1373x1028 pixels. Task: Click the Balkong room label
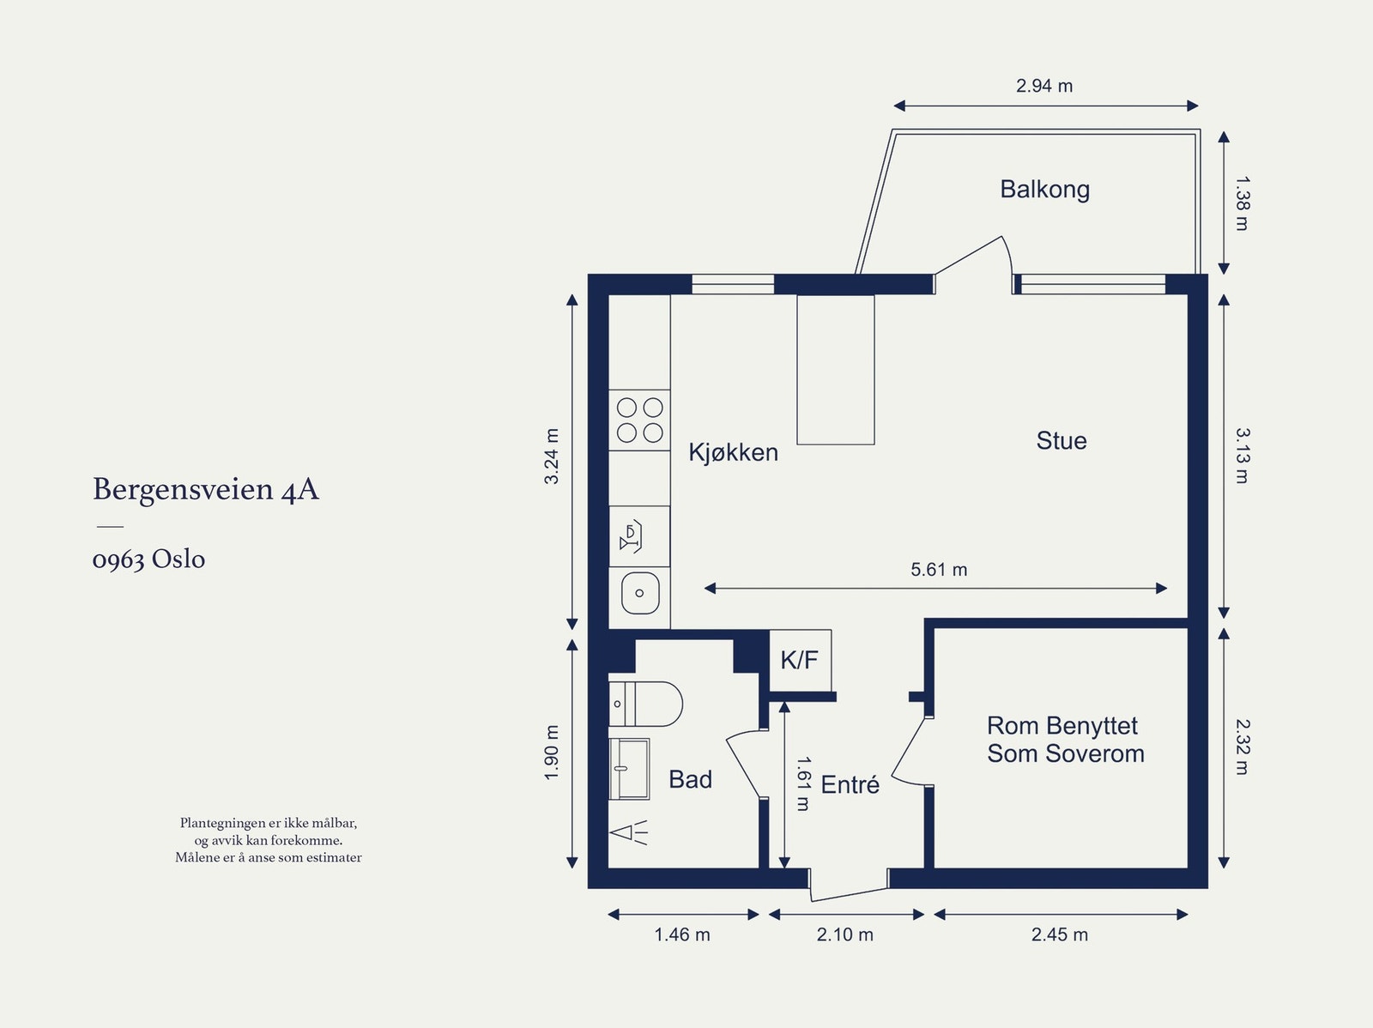click(1044, 190)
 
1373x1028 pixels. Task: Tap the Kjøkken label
click(733, 452)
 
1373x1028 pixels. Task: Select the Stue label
click(1062, 441)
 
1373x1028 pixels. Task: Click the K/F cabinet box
click(800, 661)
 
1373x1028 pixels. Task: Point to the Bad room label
click(690, 779)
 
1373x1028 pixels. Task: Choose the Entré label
click(850, 784)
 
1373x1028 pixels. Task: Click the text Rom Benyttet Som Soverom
click(1065, 740)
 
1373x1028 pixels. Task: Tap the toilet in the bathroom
click(645, 704)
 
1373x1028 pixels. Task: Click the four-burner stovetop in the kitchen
click(639, 420)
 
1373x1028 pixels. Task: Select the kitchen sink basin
click(640, 593)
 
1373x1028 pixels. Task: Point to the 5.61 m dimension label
click(938, 570)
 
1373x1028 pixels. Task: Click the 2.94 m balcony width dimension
click(1044, 86)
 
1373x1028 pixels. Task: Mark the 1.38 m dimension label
click(1243, 204)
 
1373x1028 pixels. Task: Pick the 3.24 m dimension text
click(551, 457)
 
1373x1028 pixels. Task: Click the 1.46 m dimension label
click(682, 934)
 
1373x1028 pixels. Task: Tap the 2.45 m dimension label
click(1060, 934)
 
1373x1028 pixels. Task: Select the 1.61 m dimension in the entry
click(804, 784)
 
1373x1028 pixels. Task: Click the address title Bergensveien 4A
click(206, 489)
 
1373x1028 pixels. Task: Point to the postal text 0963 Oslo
click(148, 559)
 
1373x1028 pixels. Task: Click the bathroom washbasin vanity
click(629, 769)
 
